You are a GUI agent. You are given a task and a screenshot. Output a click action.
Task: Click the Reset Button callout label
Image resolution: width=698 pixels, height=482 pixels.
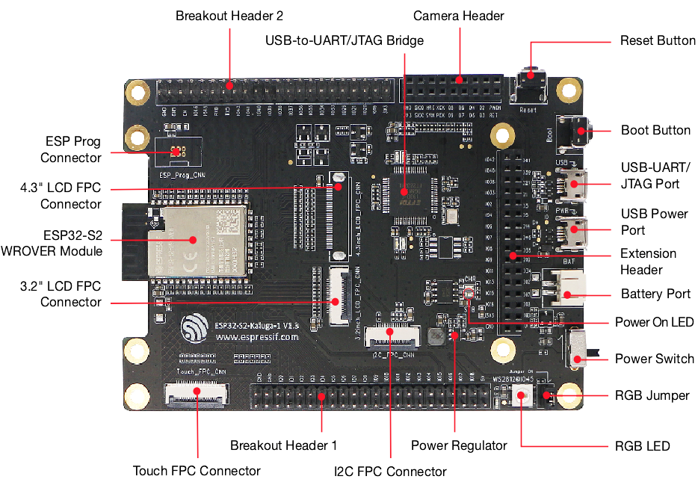tap(658, 41)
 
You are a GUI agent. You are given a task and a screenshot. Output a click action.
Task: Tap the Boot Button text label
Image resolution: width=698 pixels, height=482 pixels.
tap(655, 131)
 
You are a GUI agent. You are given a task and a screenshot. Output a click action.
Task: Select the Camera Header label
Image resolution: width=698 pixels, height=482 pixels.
tap(458, 16)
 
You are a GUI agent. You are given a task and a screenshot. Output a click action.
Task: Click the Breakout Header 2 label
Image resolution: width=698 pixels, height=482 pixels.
tap(229, 16)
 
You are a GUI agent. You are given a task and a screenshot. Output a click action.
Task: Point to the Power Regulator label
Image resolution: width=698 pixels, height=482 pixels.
tap(459, 446)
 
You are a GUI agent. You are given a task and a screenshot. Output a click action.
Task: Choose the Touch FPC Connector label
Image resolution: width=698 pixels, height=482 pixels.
tap(196, 471)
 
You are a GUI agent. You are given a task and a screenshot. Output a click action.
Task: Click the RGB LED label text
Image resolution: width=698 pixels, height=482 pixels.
tap(643, 447)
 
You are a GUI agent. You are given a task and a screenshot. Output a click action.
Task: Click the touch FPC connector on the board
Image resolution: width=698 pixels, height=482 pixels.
tap(197, 391)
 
